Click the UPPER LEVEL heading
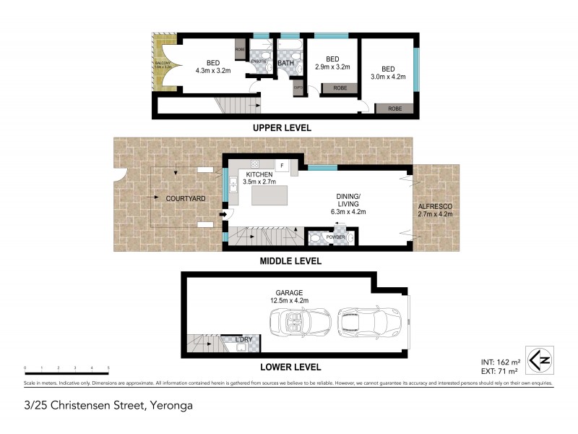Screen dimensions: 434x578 click(282, 127)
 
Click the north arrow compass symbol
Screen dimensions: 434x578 click(538, 358)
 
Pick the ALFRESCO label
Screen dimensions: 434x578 click(436, 206)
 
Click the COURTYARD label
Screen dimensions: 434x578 click(186, 197)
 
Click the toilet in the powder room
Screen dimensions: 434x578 click(316, 237)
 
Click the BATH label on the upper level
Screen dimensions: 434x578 click(285, 62)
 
